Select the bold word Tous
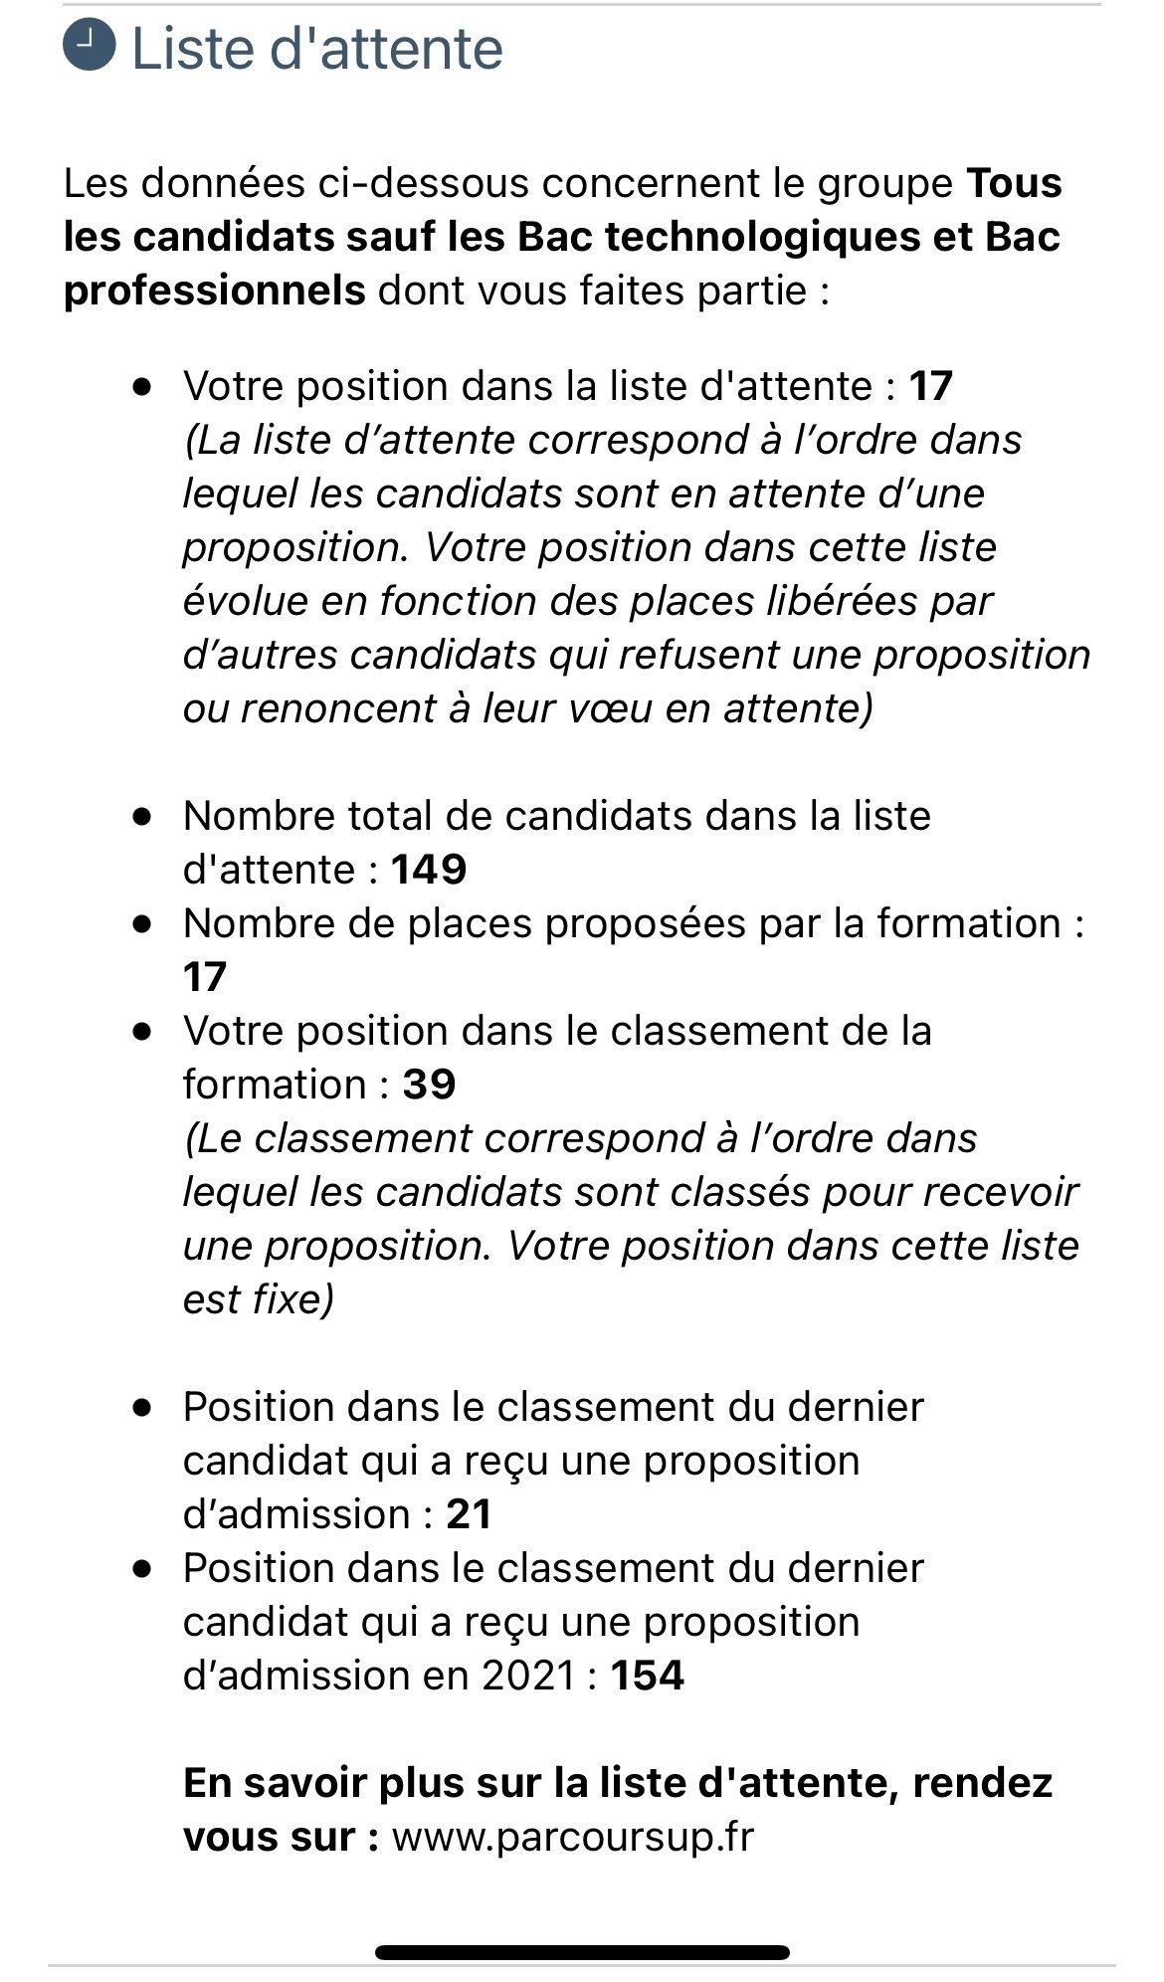(x=1014, y=183)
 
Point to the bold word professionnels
(x=214, y=291)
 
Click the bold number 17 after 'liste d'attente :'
(x=930, y=385)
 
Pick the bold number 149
(x=429, y=870)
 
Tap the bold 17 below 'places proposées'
(x=205, y=977)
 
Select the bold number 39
(x=429, y=1084)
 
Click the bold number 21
(x=470, y=1513)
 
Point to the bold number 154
(x=647, y=1675)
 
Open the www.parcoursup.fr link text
(x=573, y=1836)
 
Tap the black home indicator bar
(x=582, y=1952)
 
